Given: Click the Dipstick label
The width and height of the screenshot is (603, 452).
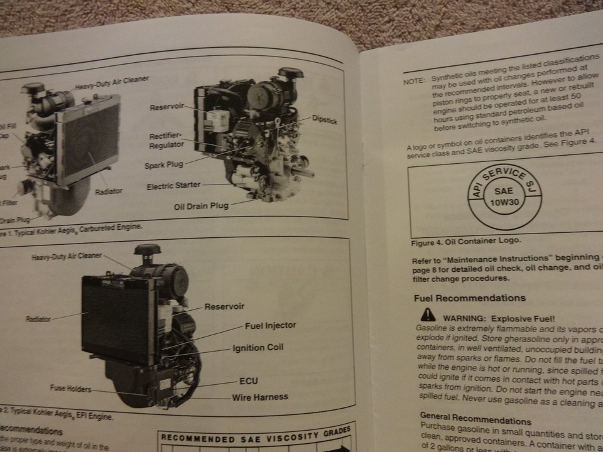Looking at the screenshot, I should tap(324, 120).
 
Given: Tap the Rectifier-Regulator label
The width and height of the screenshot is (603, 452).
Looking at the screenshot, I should tap(167, 140).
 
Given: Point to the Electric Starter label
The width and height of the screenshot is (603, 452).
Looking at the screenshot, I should tap(174, 186).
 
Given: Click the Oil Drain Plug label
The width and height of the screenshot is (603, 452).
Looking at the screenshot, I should tap(201, 207).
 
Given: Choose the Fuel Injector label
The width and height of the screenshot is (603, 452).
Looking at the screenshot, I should tap(270, 326).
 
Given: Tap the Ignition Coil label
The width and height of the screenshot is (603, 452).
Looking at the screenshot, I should tap(258, 348).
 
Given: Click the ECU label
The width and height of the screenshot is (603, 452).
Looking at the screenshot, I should tap(248, 381).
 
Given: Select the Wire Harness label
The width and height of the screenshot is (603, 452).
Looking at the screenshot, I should tap(260, 397).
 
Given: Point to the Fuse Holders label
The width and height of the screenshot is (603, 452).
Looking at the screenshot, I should tap(70, 389).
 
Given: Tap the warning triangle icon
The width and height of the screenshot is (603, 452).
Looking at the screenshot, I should tap(428, 315).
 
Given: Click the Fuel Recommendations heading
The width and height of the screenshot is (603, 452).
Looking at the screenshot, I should tap(470, 298).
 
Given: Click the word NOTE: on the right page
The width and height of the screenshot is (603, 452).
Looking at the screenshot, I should tap(414, 82).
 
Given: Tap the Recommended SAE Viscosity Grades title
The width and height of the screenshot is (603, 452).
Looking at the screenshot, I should tap(254, 437).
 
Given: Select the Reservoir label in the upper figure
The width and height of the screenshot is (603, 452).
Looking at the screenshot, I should tap(167, 107).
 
